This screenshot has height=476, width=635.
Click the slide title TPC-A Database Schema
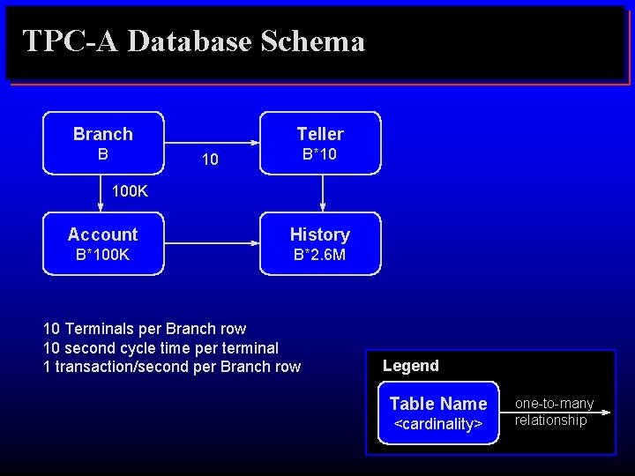point(193,41)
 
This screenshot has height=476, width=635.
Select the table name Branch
point(103,134)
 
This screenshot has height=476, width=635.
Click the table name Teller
point(320,134)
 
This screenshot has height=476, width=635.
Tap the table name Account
point(103,234)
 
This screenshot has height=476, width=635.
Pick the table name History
point(320,234)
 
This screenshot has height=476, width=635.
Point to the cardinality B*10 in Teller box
point(320,155)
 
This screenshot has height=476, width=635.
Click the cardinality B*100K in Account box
point(103,256)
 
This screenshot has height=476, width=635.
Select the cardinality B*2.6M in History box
point(320,256)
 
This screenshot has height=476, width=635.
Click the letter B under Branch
point(103,154)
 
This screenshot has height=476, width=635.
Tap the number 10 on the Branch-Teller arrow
point(210,160)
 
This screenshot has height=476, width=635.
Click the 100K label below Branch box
point(131,191)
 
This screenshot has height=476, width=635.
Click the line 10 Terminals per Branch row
point(145,329)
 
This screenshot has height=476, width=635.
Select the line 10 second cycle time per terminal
point(161,347)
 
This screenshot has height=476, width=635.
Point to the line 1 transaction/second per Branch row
point(172,366)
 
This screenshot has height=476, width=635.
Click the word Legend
point(411,365)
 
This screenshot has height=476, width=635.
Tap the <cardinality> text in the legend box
point(438,424)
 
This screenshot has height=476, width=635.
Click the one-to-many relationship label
point(555,412)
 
